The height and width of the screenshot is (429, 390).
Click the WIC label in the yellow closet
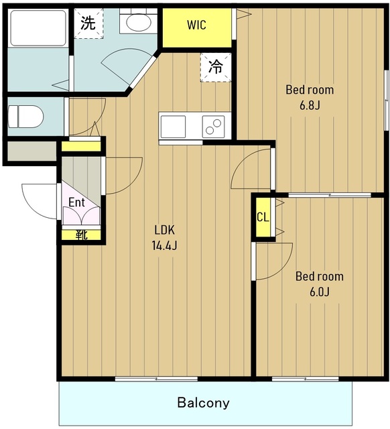click(196, 25)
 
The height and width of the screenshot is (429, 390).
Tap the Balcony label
click(204, 402)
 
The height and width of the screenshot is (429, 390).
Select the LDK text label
click(165, 230)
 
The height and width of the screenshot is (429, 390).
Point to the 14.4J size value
click(165, 246)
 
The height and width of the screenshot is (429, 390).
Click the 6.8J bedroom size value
click(310, 105)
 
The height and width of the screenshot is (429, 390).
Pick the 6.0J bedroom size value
click(320, 292)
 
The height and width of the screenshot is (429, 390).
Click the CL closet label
click(263, 217)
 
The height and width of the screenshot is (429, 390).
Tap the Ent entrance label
click(76, 202)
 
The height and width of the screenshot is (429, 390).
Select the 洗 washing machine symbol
click(88, 23)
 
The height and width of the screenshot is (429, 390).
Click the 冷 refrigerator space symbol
click(216, 67)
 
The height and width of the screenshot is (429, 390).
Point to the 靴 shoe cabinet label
click(81, 235)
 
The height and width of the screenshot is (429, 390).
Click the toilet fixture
click(25, 117)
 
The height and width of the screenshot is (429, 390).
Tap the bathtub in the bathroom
click(38, 27)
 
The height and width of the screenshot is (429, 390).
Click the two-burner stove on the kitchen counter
click(213, 127)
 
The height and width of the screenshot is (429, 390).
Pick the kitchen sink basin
click(173, 127)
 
